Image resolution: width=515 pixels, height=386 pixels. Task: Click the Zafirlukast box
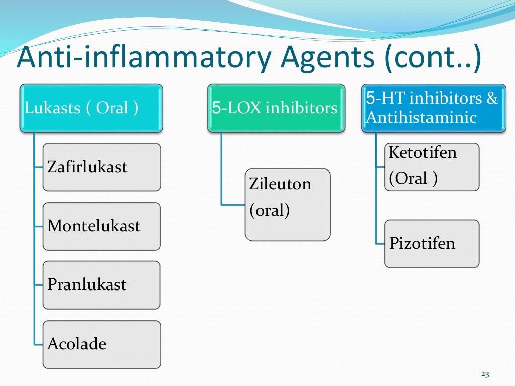pos(102,167)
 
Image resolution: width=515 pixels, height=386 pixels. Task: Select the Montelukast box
pos(102,226)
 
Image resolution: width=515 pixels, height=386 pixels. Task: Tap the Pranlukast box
pos(102,284)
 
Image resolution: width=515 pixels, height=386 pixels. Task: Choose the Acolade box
pos(102,344)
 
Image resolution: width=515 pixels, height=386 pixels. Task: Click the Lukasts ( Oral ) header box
pos(91,108)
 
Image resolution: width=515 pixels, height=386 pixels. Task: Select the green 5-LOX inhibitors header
pos(276,108)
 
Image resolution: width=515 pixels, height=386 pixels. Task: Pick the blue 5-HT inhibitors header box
pos(433,108)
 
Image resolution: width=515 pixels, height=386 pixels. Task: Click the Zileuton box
pos(288,205)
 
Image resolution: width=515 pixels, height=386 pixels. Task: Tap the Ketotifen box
pos(432,167)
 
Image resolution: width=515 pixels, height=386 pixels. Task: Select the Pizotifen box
pos(432,244)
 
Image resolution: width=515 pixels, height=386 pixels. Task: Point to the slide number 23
pos(485,374)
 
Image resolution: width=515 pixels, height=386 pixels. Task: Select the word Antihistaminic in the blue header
pos(420,118)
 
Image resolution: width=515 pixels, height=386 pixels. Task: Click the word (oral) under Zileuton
pos(270,210)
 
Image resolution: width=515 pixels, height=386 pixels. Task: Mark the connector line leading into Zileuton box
pos(233,204)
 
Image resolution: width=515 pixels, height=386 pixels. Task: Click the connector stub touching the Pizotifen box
pos(380,243)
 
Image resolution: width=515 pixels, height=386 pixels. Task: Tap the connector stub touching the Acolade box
pos(38,344)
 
